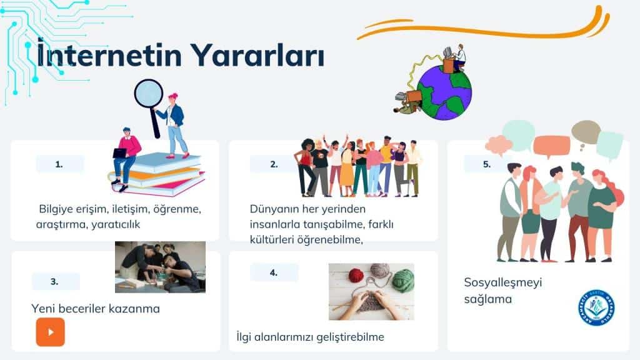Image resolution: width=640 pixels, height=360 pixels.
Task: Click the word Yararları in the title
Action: pos(257,55)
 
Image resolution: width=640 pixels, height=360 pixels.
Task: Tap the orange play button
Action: pos(50,332)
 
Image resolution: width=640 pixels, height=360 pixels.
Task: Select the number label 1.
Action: pos(59,164)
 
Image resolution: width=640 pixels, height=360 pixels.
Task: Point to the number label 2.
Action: pos(274,164)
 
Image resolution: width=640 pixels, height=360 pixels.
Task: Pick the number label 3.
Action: pos(55,281)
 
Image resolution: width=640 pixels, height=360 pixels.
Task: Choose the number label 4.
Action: pos(274,272)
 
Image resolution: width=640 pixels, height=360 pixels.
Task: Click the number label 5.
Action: pos(486,164)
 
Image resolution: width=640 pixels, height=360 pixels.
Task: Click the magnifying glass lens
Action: pos(149,94)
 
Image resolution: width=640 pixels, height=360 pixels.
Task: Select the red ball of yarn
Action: pos(356,275)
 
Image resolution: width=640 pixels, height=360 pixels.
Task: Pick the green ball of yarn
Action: pos(403,280)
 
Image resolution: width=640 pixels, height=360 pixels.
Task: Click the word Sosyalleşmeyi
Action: pos(503,282)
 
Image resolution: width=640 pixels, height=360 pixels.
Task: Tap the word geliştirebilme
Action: pos(351,337)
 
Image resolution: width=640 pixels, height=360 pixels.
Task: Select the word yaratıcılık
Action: pos(116,224)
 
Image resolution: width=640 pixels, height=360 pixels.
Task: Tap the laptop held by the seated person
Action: pos(119,153)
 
